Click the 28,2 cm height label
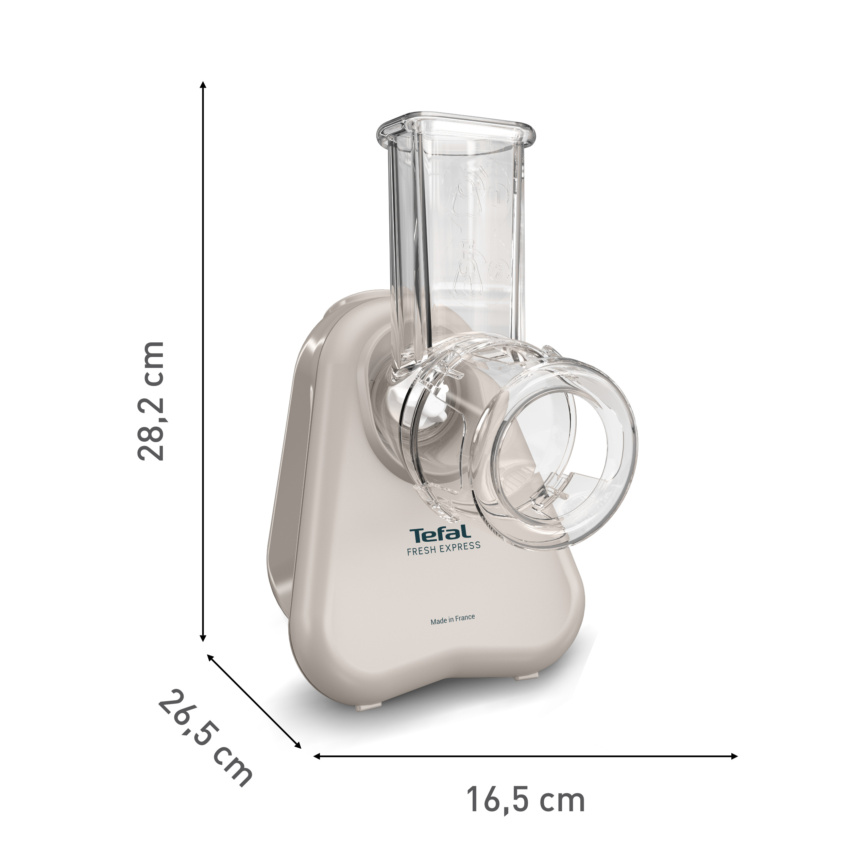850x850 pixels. click(151, 401)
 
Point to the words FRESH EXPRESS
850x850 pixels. click(443, 549)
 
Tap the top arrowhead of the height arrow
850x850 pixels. click(203, 85)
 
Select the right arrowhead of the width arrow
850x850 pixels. click(733, 756)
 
